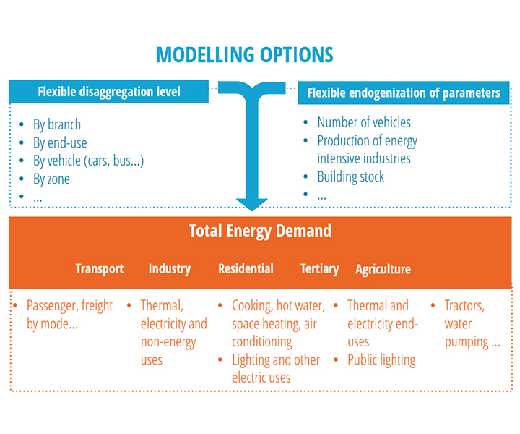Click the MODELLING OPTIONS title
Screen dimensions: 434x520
point(245,55)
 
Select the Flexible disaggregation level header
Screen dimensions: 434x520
point(109,92)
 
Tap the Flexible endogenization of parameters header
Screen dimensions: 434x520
point(404,93)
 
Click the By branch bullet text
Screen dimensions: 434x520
point(57,124)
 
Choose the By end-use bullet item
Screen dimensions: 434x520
point(60,142)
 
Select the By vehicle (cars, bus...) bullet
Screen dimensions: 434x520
point(88,161)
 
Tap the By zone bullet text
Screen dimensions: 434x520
point(51,179)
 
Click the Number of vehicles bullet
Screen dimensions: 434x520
point(364,122)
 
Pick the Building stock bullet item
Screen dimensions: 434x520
point(351,176)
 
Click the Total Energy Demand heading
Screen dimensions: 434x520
point(260,231)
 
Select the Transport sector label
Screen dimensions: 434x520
point(100,269)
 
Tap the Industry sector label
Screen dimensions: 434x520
point(170,269)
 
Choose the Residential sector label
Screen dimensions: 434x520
point(246,269)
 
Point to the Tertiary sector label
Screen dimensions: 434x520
point(319,269)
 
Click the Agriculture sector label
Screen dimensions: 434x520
point(383,270)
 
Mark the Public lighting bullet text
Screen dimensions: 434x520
point(381,359)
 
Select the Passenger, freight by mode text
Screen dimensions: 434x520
point(69,315)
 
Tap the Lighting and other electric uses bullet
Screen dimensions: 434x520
point(275,368)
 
